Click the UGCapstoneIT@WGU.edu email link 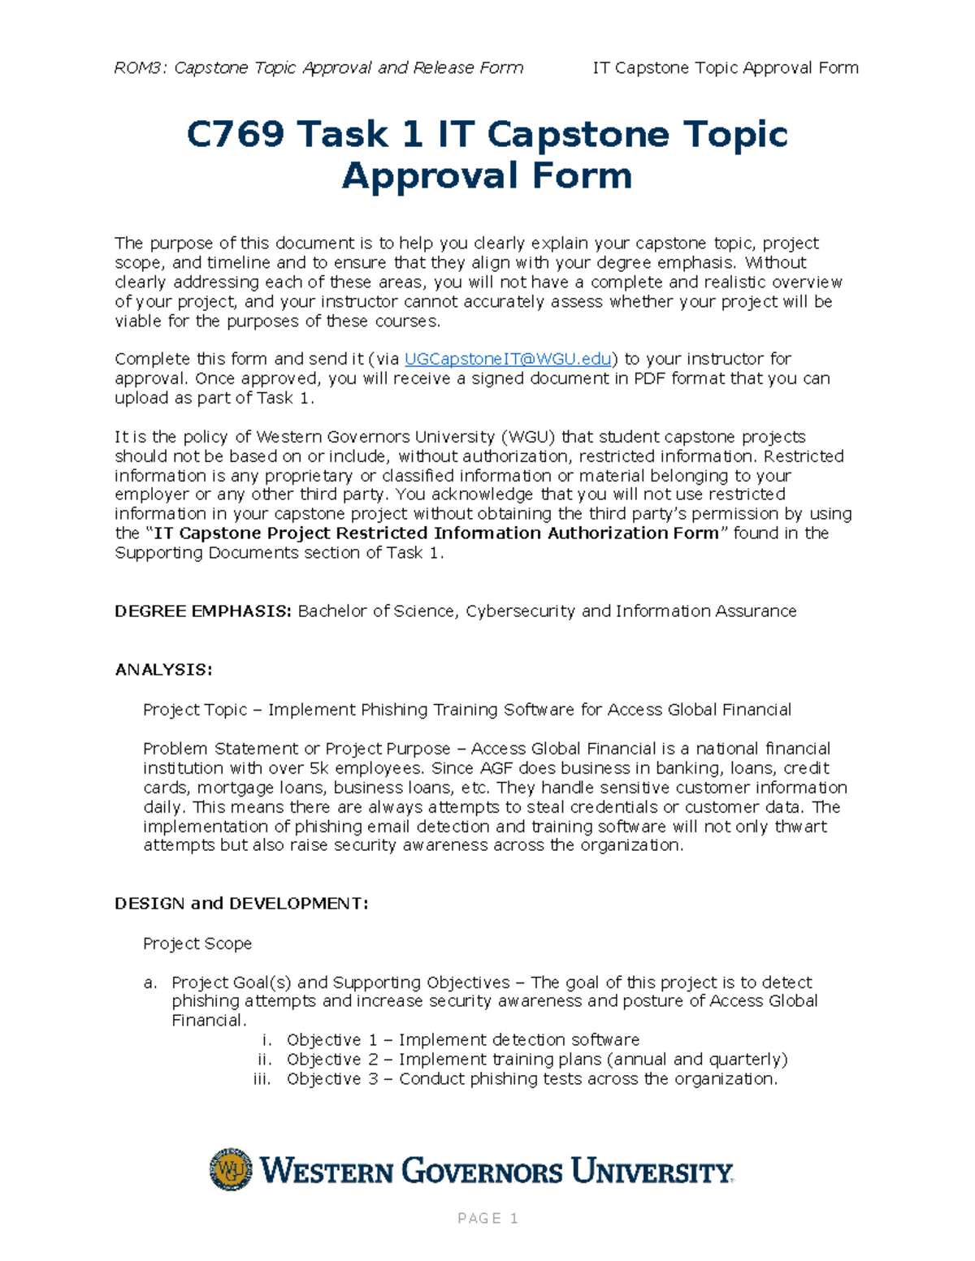(507, 359)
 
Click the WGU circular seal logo (231, 1169)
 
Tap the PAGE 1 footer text (487, 1218)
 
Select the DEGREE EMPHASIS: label (202, 611)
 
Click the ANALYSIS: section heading (163, 670)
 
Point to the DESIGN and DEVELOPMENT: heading (241, 904)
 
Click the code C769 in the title (235, 134)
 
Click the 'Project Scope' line (197, 944)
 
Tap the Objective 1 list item (462, 1040)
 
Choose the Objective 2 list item (536, 1060)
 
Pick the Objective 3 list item (531, 1079)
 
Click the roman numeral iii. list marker (262, 1079)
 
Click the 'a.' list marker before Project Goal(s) (149, 982)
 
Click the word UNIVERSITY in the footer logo (651, 1172)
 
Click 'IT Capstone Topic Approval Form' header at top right (725, 68)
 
